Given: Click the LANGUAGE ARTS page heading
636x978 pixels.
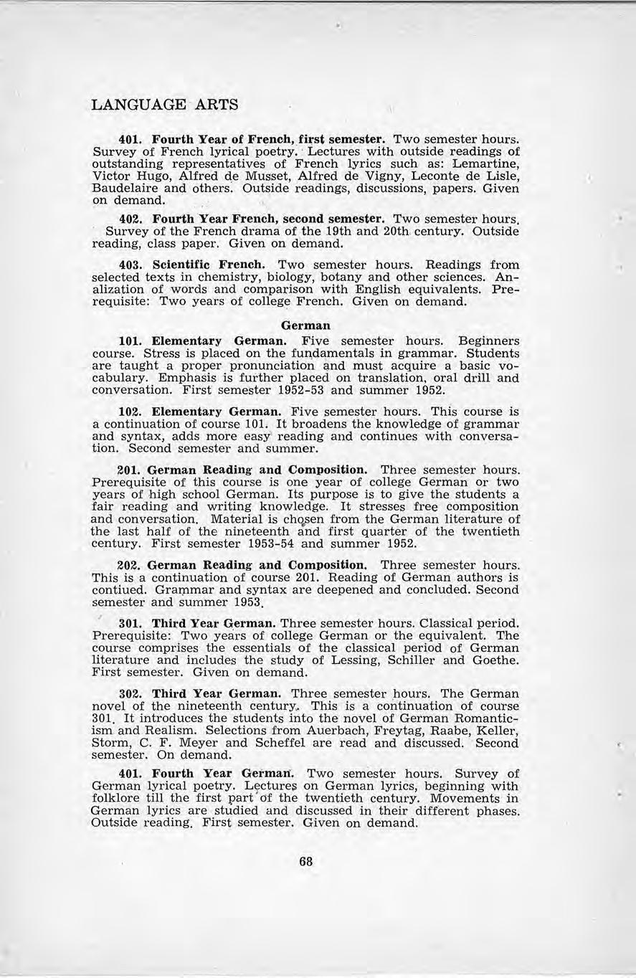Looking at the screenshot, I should coord(165,105).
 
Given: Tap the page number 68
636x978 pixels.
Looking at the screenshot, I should coord(306,862).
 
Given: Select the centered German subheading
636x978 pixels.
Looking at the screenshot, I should coord(306,326).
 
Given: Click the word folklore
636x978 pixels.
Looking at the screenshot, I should coord(119,799).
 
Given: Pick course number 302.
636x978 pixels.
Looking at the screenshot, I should coord(130,694).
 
